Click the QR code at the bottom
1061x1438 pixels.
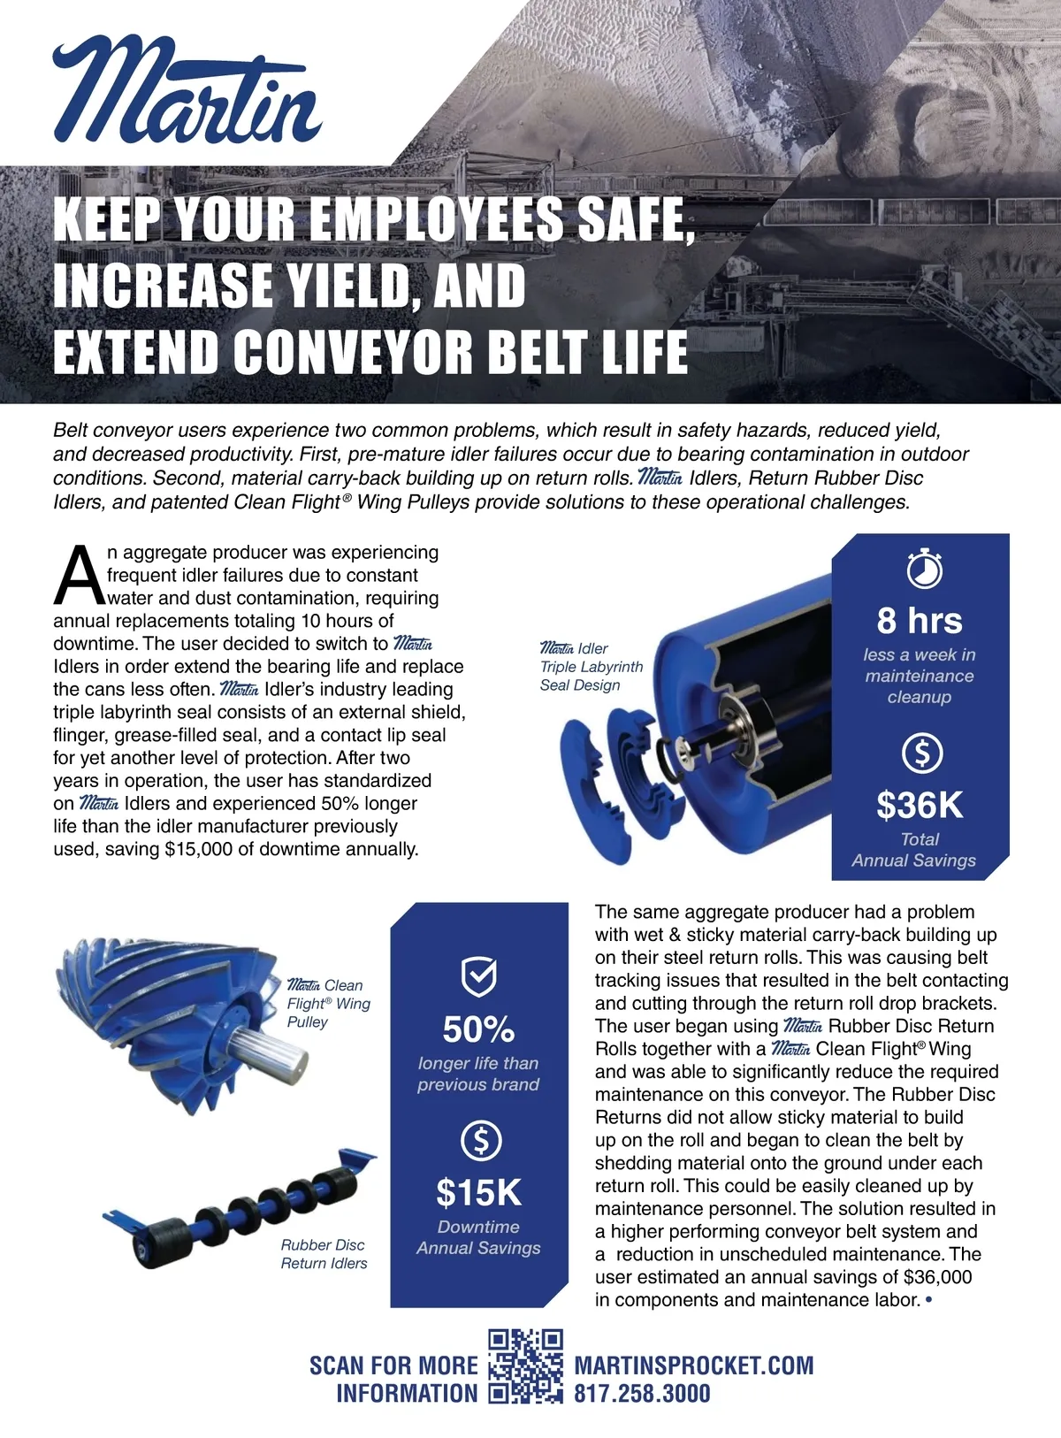pos(525,1366)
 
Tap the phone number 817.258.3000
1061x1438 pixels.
pos(642,1395)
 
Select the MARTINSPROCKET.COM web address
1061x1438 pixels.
pos(694,1365)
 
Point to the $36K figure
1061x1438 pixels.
pos(920,805)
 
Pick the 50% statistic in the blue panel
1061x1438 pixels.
pos(478,1029)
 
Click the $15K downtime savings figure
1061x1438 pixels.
pos(478,1193)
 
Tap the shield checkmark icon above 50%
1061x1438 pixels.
pos(479,976)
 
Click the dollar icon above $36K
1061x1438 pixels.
pos(922,753)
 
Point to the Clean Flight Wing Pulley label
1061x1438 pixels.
pos(328,1003)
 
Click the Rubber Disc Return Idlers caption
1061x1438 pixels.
pos(324,1254)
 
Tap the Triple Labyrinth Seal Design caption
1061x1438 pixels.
pos(591,667)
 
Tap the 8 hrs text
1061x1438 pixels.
pos(920,621)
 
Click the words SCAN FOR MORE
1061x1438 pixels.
pos(393,1365)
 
